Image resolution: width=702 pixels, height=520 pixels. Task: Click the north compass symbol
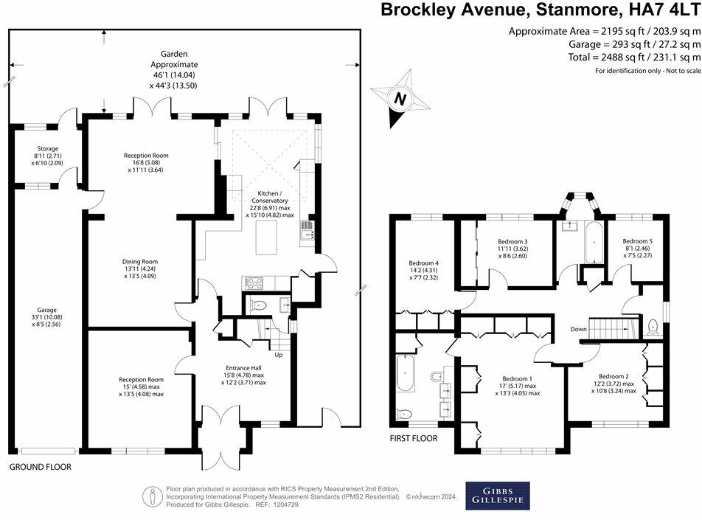coord(399,98)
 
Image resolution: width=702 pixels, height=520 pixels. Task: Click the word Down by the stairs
coord(577,329)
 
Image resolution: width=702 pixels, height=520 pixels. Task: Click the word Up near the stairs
coord(278,355)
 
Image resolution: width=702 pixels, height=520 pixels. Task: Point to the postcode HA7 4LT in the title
coord(661,10)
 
